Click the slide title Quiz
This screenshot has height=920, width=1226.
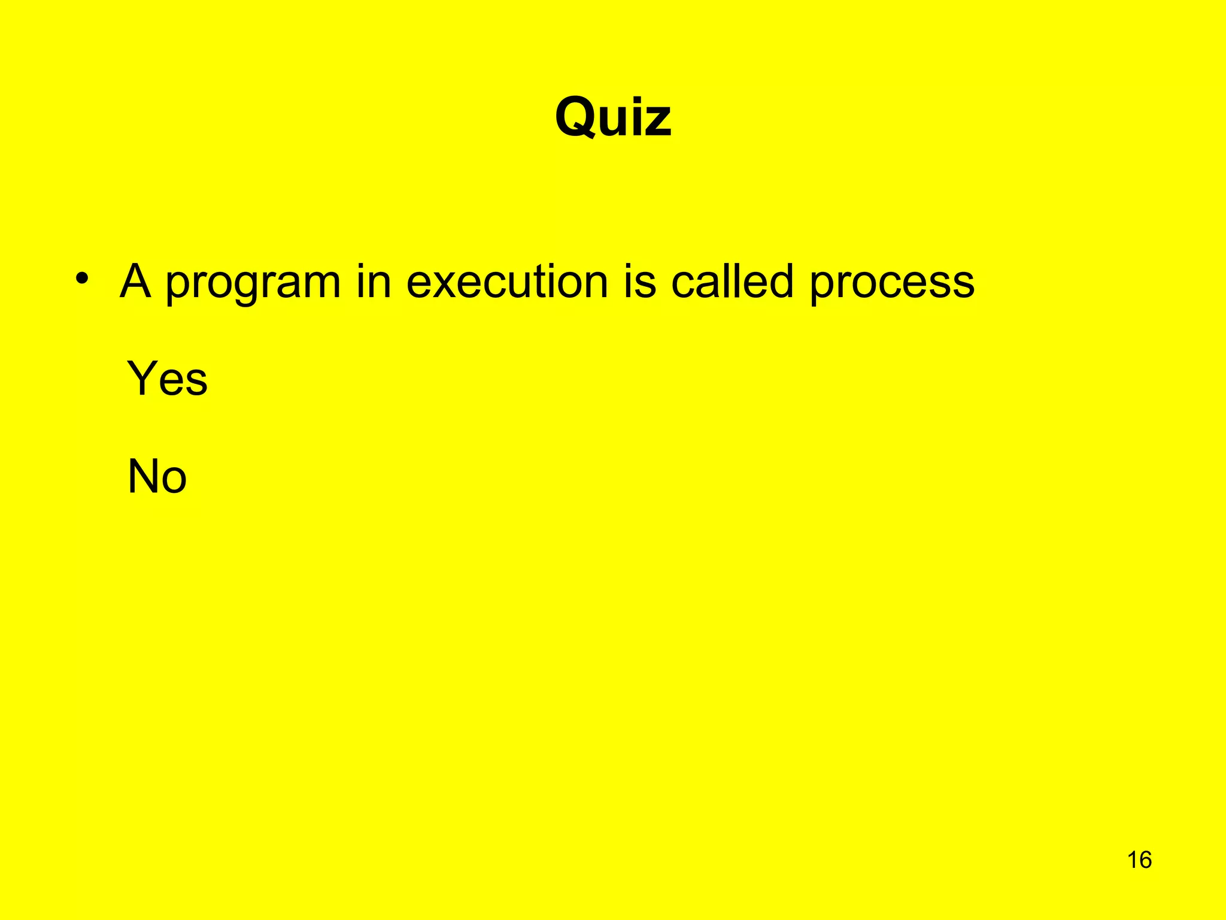click(613, 117)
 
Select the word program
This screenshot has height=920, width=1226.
click(253, 283)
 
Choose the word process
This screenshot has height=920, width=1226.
click(892, 283)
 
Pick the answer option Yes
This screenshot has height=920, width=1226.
click(167, 379)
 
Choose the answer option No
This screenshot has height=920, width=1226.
click(157, 477)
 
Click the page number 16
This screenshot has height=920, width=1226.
click(1139, 860)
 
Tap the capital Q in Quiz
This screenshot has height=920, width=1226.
click(578, 117)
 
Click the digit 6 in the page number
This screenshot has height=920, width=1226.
click(1145, 860)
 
